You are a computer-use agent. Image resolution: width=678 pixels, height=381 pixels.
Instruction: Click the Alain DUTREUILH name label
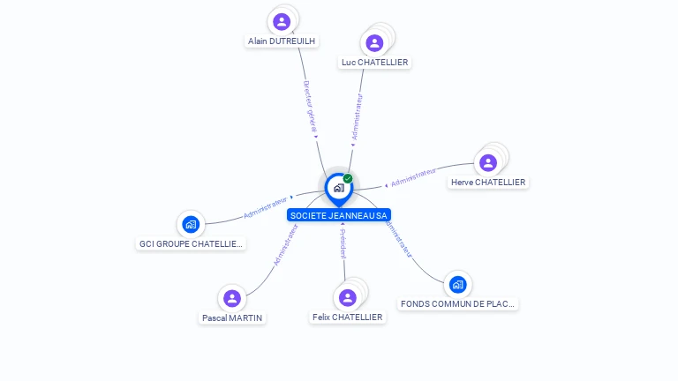282,41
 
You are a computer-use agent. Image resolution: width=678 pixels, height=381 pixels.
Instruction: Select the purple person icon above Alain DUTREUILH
282,22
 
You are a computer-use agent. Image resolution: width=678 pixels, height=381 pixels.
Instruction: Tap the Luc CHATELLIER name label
374,62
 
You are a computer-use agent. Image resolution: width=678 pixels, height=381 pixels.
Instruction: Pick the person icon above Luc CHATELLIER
374,43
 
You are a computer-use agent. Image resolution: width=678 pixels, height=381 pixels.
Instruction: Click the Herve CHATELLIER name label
488,183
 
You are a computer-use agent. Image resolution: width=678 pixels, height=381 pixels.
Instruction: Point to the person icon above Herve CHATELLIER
488,163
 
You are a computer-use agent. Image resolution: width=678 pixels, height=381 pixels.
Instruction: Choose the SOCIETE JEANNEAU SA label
339,215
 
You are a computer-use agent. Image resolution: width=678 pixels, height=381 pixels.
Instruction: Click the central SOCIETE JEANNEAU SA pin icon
338,188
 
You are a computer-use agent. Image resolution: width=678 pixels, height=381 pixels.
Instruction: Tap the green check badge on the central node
348,179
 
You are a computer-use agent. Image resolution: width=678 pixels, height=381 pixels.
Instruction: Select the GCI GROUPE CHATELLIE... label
191,243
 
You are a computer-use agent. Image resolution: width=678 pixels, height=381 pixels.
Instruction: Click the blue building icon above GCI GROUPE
190,225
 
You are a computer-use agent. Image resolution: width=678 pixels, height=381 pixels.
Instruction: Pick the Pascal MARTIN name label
232,317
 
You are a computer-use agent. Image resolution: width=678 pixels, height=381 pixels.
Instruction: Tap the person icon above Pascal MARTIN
232,298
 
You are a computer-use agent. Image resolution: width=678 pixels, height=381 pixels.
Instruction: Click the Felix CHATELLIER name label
348,317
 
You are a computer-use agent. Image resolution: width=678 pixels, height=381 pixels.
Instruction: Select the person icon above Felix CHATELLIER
348,297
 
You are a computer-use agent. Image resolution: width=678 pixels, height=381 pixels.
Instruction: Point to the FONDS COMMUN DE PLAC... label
457,303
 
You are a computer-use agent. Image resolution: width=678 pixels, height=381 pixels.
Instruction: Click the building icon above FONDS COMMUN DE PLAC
457,284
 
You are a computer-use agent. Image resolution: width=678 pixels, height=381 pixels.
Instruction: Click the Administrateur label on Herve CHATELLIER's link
413,176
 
